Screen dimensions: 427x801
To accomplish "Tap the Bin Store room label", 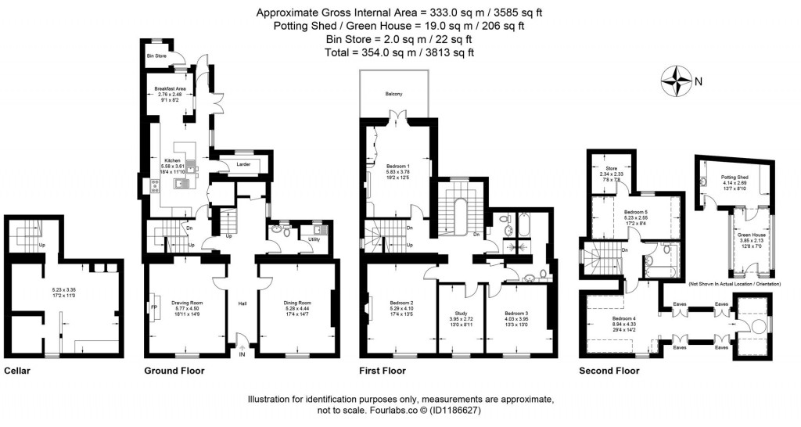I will point(157,56).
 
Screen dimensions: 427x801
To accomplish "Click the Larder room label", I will point(242,164).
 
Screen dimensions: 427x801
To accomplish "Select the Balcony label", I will point(393,94).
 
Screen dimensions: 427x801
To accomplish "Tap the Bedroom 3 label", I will point(516,312).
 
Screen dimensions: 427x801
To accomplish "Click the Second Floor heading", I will point(609,371).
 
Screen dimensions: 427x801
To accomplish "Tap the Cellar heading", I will point(16,371).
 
